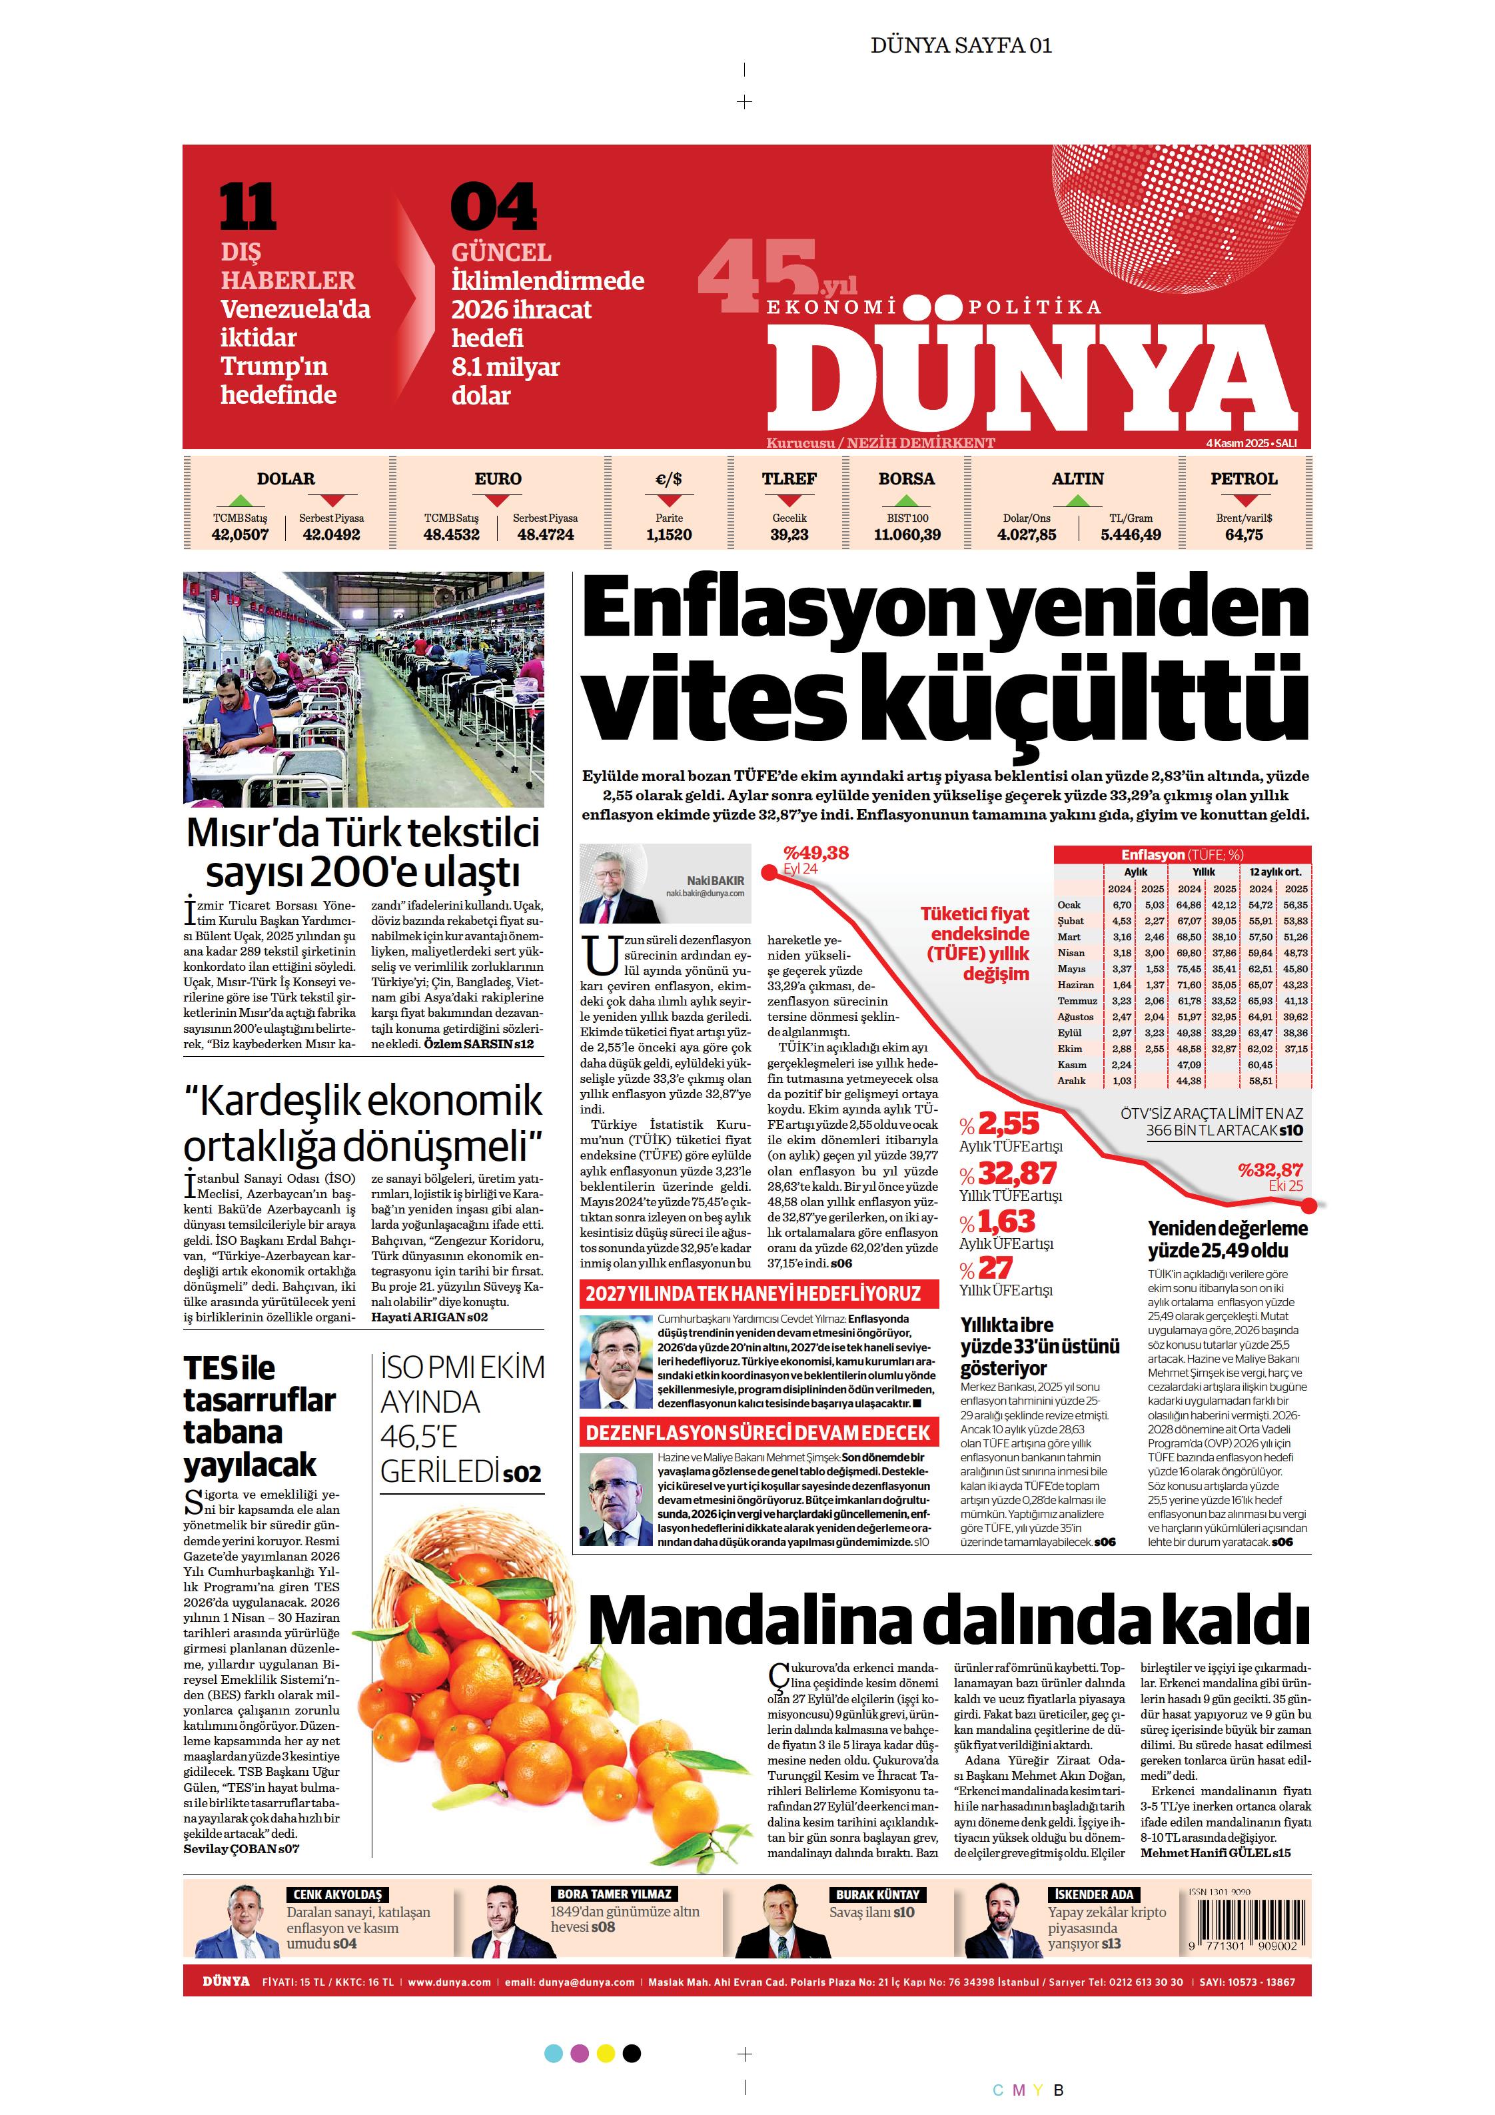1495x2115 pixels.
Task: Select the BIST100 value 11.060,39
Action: (907, 535)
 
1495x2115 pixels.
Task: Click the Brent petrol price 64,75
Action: (1244, 535)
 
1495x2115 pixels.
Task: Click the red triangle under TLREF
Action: (789, 501)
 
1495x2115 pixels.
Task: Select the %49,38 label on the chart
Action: (815, 853)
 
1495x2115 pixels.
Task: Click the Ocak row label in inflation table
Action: (1069, 905)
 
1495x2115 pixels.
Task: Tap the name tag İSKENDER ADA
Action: (1093, 1895)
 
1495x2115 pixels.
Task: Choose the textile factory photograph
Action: (363, 689)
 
